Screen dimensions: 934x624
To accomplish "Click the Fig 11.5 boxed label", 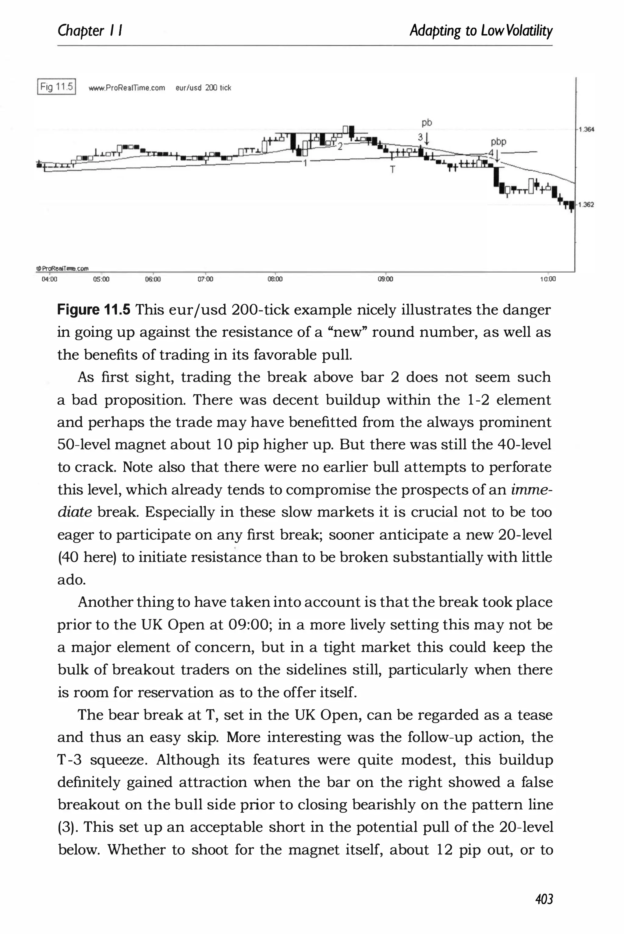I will click(x=56, y=87).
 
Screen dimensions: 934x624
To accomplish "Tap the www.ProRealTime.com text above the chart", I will click(x=126, y=88).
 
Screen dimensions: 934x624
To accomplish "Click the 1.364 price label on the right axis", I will click(x=587, y=129).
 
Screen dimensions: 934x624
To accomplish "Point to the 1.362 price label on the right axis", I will click(x=587, y=204).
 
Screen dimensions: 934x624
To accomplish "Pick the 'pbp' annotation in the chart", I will click(x=498, y=142).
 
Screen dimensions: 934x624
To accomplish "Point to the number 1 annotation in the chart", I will click(x=305, y=163).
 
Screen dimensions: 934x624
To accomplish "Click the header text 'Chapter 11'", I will click(x=90, y=31).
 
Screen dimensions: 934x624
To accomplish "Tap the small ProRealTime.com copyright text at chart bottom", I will click(x=63, y=268).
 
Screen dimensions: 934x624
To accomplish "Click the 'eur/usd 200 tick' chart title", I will click(x=203, y=88).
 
